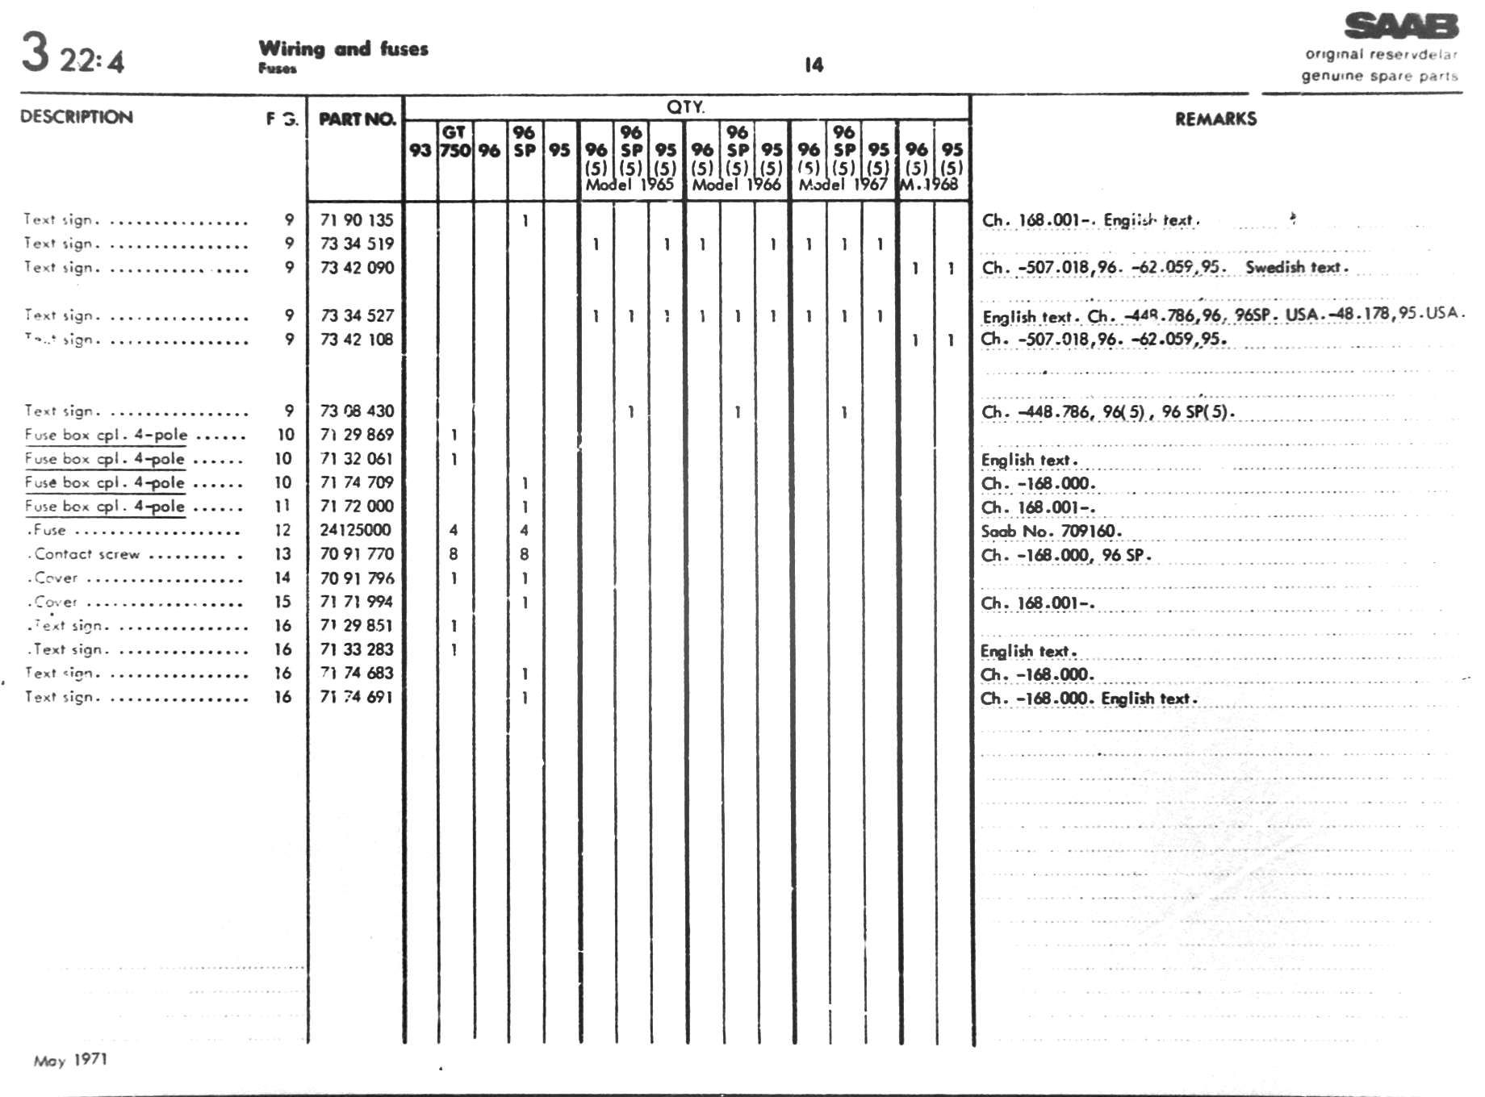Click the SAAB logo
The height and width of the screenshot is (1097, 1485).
[x=1401, y=27]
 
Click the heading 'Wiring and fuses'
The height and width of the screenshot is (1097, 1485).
[x=343, y=49]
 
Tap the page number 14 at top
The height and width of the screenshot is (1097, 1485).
[x=814, y=65]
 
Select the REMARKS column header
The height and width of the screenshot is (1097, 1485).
[x=1215, y=119]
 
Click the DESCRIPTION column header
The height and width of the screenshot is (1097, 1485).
[x=77, y=117]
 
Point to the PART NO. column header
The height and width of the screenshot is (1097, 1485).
[x=357, y=119]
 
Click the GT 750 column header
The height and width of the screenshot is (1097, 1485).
[x=455, y=142]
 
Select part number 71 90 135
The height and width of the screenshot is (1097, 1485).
[x=357, y=220]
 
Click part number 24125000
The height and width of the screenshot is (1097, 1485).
[x=355, y=530]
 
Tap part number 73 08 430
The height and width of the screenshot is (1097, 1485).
[x=357, y=411]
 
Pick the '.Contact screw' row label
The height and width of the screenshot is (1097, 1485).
[x=86, y=554]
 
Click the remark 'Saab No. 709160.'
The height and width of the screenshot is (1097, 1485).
[x=1051, y=532]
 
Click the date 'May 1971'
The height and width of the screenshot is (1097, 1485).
[x=70, y=1060]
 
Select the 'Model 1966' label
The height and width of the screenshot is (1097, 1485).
[x=736, y=185]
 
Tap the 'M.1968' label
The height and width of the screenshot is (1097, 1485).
[x=929, y=185]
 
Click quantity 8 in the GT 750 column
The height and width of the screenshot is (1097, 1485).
[x=454, y=554]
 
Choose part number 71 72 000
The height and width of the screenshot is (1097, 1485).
[x=357, y=507]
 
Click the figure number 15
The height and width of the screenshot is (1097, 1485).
[x=282, y=602]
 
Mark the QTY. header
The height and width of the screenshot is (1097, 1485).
[x=685, y=107]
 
